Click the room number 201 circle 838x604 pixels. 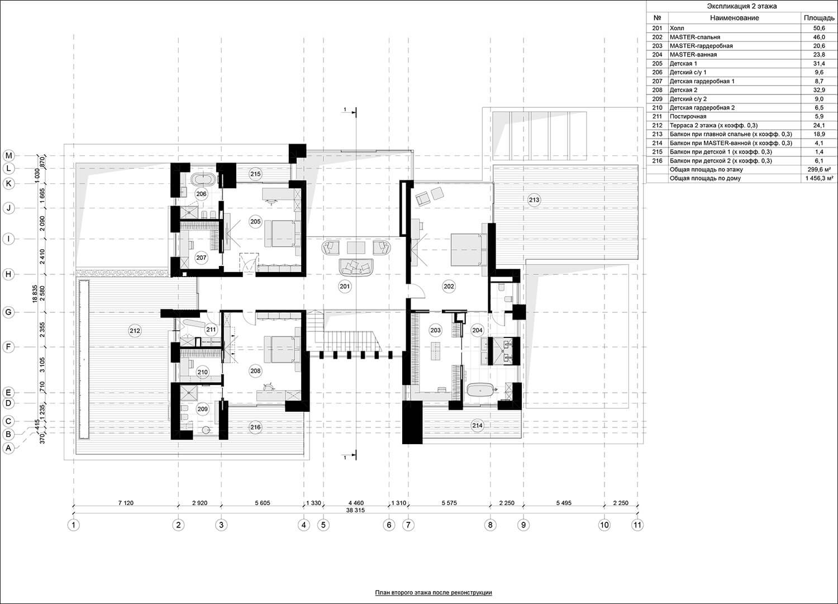(345, 287)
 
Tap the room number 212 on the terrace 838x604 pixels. (135, 331)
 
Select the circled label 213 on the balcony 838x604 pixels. (534, 200)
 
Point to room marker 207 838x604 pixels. (201, 258)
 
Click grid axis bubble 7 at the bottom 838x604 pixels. (408, 525)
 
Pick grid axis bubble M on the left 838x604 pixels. (8, 155)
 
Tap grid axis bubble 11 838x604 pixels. (637, 525)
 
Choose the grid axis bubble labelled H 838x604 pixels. (8, 274)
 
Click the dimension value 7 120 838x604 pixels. (126, 503)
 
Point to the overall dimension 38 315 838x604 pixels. (355, 510)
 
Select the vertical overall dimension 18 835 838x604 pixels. (35, 294)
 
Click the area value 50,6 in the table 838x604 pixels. (819, 28)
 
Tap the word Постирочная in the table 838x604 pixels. (688, 116)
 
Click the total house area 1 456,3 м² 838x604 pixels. (820, 178)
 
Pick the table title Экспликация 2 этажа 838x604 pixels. (741, 6)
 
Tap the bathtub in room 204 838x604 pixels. (480, 391)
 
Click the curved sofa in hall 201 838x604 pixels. (356, 267)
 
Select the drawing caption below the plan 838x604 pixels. (433, 592)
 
